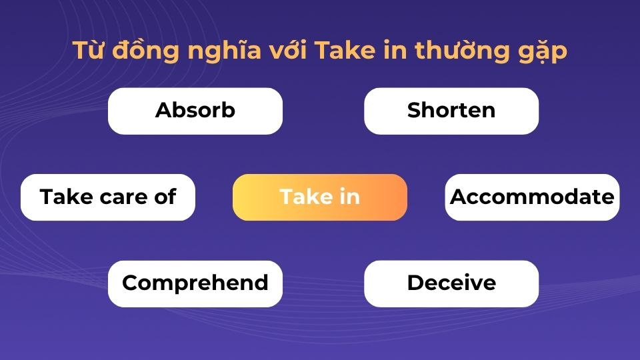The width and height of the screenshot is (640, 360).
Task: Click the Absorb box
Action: click(195, 111)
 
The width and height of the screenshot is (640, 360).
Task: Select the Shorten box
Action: click(451, 111)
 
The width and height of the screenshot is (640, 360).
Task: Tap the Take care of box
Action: click(107, 197)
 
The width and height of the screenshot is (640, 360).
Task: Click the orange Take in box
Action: click(319, 197)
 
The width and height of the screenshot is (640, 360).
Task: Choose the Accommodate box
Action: click(532, 197)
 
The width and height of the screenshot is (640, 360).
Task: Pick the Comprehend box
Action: click(195, 283)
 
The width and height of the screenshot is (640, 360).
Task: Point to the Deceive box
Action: click(451, 283)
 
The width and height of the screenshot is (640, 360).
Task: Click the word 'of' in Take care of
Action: click(165, 197)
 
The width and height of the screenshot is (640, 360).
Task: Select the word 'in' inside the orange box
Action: click(349, 197)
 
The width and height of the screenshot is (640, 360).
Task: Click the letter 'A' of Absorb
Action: click(163, 111)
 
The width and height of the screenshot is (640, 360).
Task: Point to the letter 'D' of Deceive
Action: click(415, 283)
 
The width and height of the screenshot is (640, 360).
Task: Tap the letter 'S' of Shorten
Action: click(414, 111)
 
